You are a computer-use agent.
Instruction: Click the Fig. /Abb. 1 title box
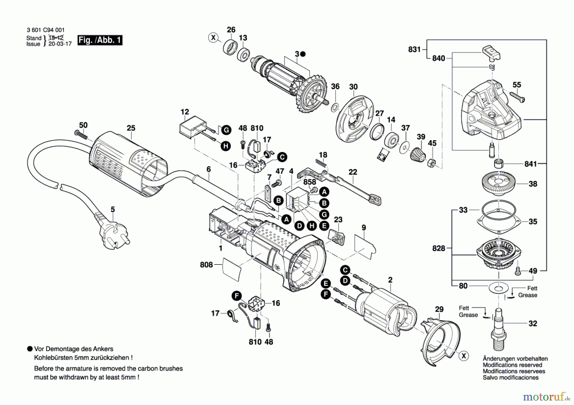coord(100,40)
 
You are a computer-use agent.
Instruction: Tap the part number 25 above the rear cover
coord(131,128)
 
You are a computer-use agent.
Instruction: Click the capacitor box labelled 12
coord(191,128)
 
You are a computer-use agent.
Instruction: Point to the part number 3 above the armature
coord(297,54)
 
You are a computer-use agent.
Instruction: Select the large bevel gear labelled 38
coord(498,184)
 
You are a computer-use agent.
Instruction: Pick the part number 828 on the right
coord(438,248)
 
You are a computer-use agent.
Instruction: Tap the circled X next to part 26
coord(213,38)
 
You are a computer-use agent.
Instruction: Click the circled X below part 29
coord(464,356)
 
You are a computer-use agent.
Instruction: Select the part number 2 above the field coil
coord(390,280)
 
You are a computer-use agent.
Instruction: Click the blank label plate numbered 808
coord(232,270)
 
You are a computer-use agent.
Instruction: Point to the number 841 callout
coord(531,164)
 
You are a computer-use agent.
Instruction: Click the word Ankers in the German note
coord(103,349)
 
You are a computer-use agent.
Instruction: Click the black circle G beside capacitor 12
coord(226,130)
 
